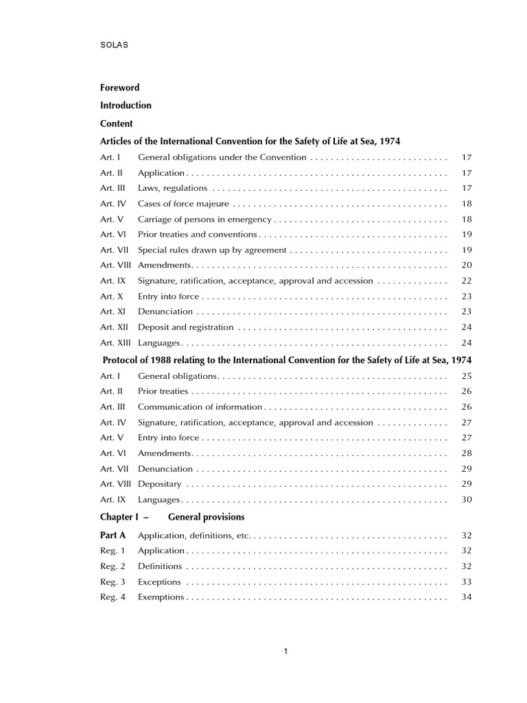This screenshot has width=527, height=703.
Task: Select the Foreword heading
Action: tap(119, 88)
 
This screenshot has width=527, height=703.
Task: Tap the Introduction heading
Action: tap(126, 106)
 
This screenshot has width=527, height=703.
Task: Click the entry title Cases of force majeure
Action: tap(183, 204)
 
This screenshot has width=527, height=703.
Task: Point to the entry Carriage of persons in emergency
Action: tap(204, 220)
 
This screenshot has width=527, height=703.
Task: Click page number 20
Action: tap(467, 265)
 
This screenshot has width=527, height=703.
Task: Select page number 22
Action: tap(467, 281)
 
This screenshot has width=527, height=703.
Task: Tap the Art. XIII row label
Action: tap(116, 343)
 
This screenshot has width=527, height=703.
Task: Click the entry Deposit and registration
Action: tap(186, 327)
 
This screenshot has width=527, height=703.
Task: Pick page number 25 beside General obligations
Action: tap(467, 376)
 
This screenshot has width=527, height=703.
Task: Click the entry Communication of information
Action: tap(200, 407)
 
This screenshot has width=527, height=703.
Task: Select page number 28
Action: tap(467, 453)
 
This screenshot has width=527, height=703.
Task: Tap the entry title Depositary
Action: tap(159, 484)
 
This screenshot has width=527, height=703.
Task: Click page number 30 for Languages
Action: tap(467, 500)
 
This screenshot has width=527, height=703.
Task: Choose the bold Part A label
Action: tap(113, 535)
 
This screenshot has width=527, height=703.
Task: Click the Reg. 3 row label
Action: tap(113, 582)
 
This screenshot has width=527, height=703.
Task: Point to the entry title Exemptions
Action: tap(161, 597)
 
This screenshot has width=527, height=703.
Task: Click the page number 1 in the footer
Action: tap(285, 652)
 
